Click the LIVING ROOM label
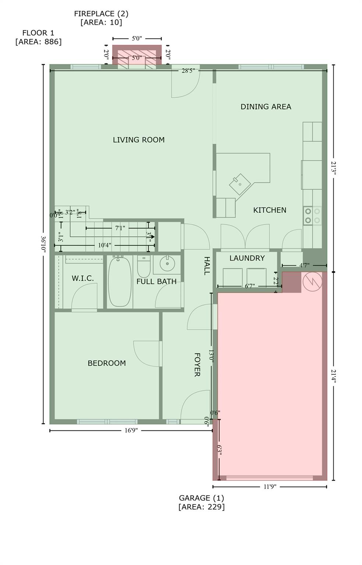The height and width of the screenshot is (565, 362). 138,140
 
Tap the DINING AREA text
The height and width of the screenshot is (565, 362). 266,107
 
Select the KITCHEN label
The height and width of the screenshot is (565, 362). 270,210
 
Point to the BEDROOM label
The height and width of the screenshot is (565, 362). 107,363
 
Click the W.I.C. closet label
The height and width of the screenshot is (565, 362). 82,278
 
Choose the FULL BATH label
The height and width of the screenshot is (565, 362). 156,281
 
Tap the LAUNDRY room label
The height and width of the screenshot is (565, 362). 247,258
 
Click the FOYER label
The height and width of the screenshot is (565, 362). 197,365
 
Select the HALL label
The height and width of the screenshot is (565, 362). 207,266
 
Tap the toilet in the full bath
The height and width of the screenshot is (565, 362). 144,268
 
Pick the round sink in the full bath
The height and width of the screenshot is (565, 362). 167,264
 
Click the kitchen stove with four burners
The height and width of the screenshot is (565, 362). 312,216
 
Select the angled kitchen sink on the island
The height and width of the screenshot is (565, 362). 240,184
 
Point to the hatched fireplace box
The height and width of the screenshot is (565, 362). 136,58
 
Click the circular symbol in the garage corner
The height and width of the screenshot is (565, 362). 312,281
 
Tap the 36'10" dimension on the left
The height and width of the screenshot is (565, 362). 43,244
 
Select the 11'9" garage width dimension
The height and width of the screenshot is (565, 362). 270,487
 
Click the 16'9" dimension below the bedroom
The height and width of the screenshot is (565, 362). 131,430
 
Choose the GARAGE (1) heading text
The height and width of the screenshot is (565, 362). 201,498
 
